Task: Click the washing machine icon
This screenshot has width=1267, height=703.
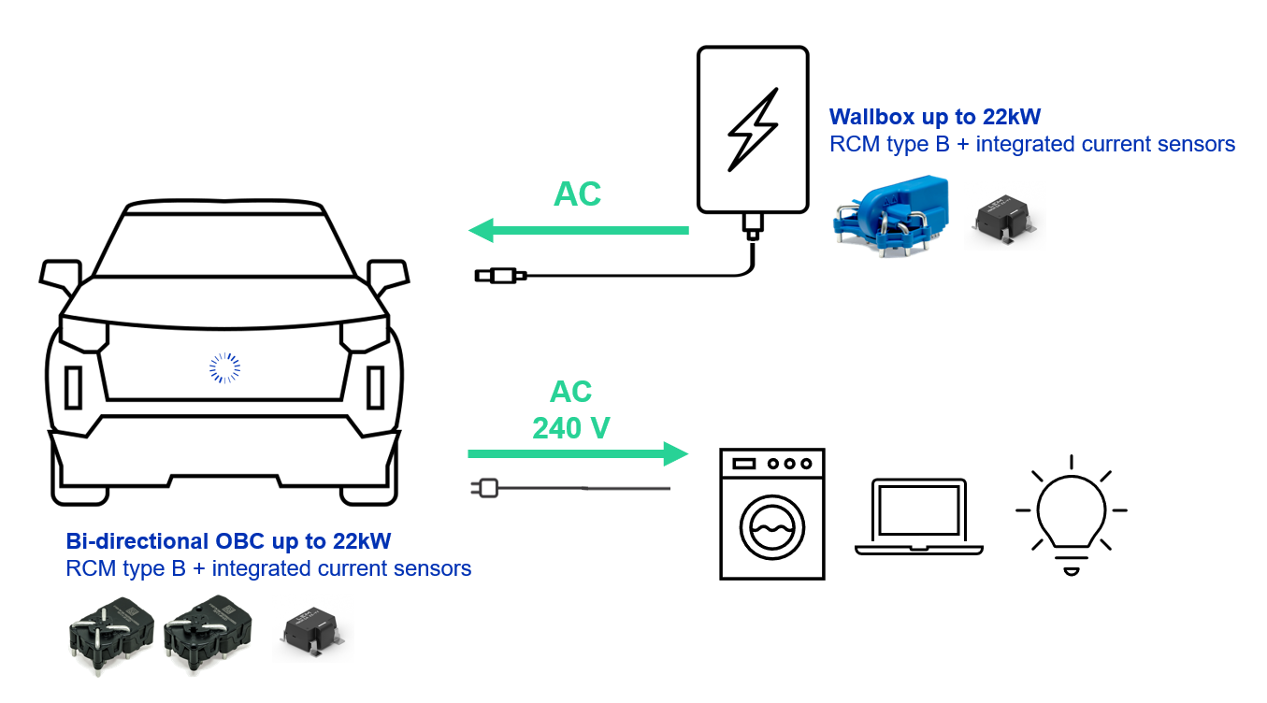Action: point(771,513)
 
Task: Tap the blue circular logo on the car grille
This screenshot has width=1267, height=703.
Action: point(224,367)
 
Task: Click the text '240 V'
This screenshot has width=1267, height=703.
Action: point(570,428)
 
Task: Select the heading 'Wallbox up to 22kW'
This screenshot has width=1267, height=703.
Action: point(935,118)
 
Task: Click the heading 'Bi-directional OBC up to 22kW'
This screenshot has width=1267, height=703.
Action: point(228,541)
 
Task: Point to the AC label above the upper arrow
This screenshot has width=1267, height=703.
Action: point(577,194)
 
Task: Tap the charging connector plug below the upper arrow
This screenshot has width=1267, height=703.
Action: point(501,275)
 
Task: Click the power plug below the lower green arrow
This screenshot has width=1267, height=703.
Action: point(487,487)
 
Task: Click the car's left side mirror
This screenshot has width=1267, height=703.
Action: point(58,273)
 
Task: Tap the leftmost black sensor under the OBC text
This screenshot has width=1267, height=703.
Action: point(109,638)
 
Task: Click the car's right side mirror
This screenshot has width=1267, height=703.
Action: point(388,274)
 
